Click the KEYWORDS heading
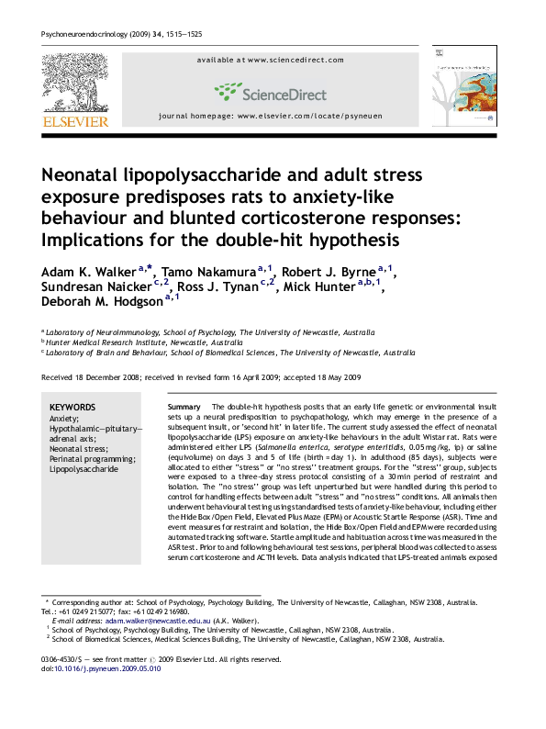click(x=72, y=407)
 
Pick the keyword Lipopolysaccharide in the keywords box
click(x=84, y=468)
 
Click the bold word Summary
click(x=184, y=405)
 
